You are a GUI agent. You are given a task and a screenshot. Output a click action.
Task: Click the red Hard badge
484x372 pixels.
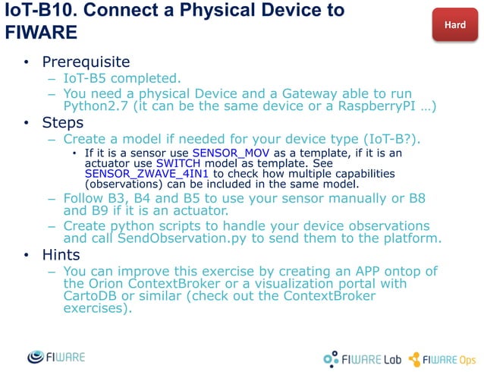[x=454, y=25]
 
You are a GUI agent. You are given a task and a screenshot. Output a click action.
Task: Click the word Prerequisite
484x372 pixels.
[x=86, y=61]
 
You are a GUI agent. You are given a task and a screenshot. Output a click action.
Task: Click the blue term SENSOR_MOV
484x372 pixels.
[x=222, y=153]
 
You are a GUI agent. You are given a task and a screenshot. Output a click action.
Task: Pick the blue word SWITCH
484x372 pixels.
[x=179, y=163]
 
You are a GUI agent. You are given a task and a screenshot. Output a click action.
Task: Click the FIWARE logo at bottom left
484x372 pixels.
[x=56, y=356]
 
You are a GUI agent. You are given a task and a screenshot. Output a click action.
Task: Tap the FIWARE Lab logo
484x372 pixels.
[x=361, y=358]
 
